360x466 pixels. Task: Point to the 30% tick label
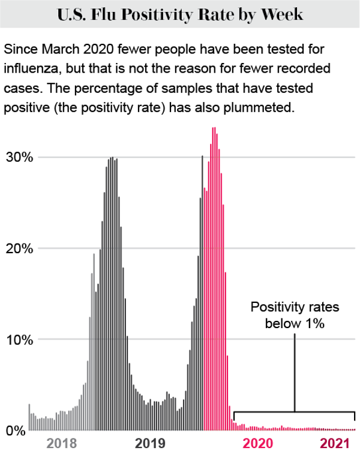[x=18, y=157]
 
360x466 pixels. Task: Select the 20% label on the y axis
[x=18, y=248]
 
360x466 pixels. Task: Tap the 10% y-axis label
[x=18, y=339]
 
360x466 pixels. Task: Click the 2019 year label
[x=150, y=444]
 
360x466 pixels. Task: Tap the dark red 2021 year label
[x=334, y=444]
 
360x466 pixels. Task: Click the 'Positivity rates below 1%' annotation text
[x=295, y=315]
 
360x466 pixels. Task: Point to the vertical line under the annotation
[x=295, y=372]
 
